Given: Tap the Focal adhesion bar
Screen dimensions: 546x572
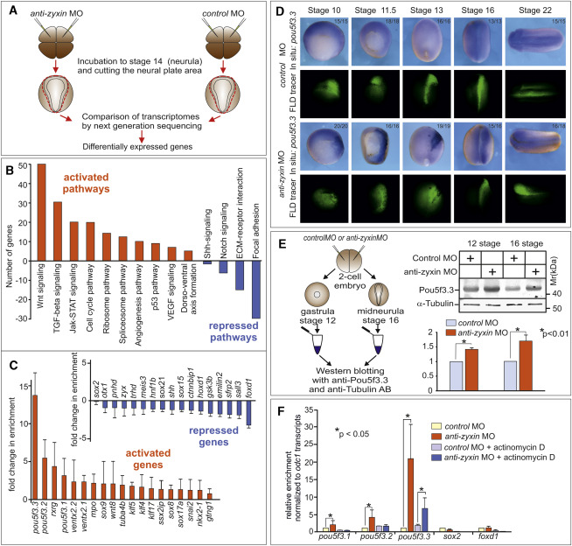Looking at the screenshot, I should click(259, 289).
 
